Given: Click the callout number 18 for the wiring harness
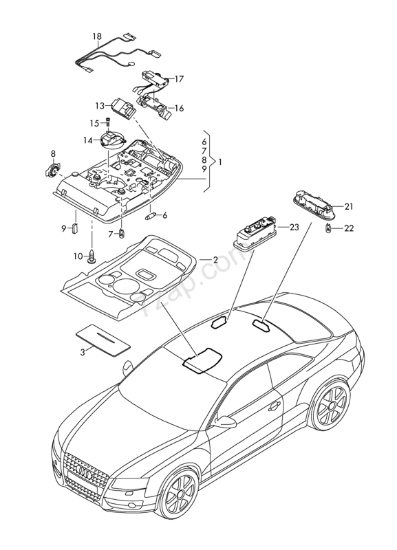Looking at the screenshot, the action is point(97,36).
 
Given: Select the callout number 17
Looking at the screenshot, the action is point(179,79).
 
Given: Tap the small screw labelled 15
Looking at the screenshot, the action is point(107,122).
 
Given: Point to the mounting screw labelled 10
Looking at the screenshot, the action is point(92,256).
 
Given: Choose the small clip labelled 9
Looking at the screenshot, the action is point(74,228).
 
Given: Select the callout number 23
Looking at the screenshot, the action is point(294,228).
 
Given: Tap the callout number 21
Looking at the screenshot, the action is point(349,207).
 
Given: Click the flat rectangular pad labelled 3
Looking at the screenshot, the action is point(103,340).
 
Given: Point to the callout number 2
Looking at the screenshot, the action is point(215,260).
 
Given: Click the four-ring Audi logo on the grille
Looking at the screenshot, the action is point(84,474).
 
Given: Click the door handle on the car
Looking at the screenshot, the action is point(274,406).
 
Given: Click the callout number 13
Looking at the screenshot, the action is point(100,106).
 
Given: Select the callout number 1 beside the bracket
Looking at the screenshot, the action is point(219,162).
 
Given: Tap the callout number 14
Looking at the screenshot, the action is point(87,141).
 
